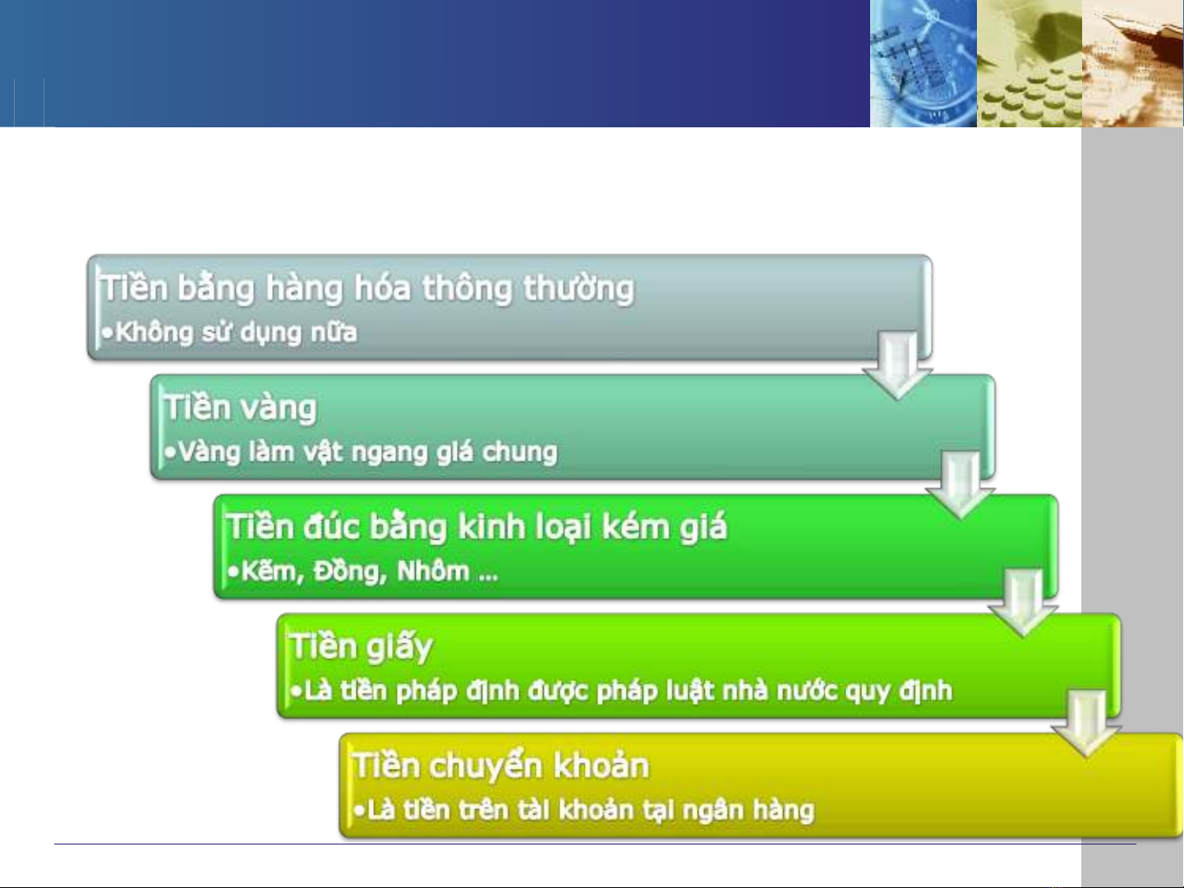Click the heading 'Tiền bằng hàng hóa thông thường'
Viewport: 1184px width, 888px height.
click(368, 288)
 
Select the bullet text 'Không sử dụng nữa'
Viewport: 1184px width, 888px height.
click(237, 333)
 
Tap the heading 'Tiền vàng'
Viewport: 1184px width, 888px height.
click(240, 408)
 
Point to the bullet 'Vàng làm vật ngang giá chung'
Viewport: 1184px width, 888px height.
click(368, 452)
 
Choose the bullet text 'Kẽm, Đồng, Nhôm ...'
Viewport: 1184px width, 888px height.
click(370, 572)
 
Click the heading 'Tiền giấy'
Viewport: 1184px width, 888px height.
click(362, 647)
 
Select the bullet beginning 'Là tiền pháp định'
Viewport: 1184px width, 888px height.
click(629, 691)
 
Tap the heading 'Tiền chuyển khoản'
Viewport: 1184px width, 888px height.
click(501, 766)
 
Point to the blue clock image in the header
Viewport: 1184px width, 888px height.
click(924, 63)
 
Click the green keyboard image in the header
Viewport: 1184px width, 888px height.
click(1030, 63)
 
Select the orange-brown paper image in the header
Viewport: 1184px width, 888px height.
click(1133, 63)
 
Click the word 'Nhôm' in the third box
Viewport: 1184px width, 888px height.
click(433, 572)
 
